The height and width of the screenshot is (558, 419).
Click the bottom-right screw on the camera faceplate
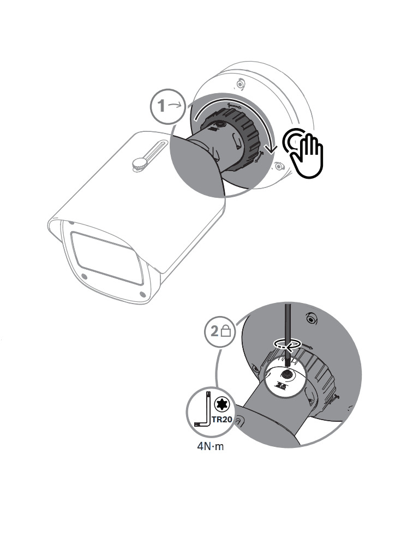(x=142, y=294)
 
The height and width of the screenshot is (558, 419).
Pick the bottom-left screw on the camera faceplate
(x=84, y=276)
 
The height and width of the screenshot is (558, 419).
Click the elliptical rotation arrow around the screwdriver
(x=288, y=344)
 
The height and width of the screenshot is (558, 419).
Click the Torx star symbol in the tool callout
(x=221, y=404)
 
